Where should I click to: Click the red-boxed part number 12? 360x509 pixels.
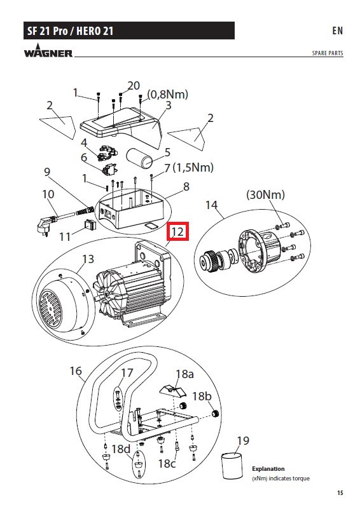[x=177, y=231]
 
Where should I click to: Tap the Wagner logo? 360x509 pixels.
[x=48, y=51]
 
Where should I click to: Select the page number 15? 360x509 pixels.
[x=340, y=492]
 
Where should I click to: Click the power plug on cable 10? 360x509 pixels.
[x=43, y=226]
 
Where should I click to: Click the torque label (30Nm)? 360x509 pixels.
[x=265, y=194]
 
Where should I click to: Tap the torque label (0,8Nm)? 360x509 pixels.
[x=168, y=94]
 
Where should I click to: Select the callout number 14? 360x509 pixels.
[x=211, y=205]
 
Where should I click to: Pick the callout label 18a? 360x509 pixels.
[x=184, y=374]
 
